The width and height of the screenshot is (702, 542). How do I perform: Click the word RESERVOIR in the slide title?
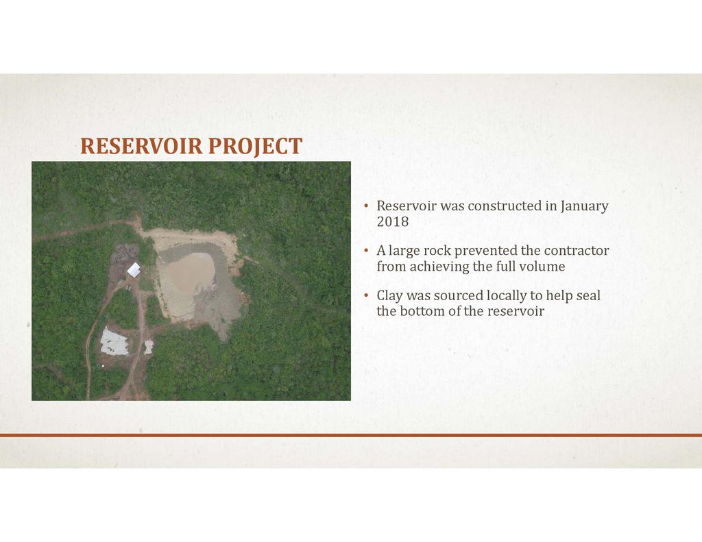click(x=141, y=146)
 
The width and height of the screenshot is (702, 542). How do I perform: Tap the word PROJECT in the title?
click(x=255, y=147)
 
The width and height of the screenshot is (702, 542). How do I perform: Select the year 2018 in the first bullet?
click(x=393, y=221)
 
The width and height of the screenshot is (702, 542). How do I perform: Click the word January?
click(x=584, y=206)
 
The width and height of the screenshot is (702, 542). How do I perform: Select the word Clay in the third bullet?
click(x=389, y=295)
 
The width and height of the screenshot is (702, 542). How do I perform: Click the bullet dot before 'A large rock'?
click(x=366, y=250)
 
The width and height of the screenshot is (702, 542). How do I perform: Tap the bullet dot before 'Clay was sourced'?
click(x=366, y=295)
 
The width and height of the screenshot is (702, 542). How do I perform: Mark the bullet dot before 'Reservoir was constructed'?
click(x=366, y=206)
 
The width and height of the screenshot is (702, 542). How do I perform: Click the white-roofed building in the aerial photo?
click(x=134, y=270)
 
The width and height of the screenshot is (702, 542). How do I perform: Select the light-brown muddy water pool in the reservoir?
click(x=191, y=272)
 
